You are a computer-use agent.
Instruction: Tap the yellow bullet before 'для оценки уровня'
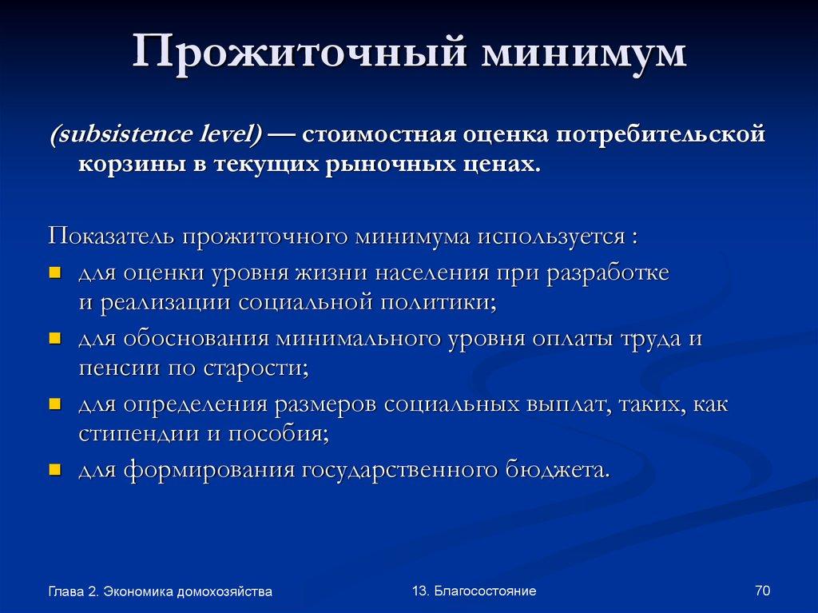point(55,272)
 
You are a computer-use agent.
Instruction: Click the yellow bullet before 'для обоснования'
point(55,337)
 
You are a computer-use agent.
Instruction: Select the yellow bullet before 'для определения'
point(55,403)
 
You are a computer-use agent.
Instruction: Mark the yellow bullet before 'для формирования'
point(55,468)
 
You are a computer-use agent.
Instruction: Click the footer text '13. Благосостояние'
point(474,591)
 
